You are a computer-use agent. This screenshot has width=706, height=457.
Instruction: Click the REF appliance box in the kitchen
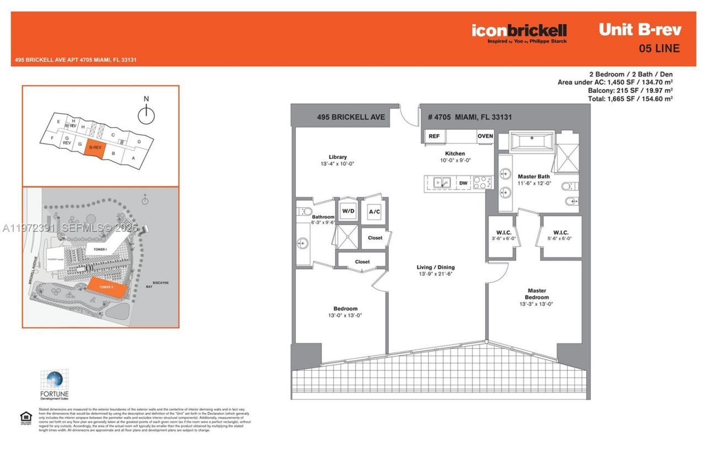pyautogui.click(x=434, y=136)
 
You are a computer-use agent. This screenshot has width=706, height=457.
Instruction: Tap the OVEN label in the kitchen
pyautogui.click(x=485, y=136)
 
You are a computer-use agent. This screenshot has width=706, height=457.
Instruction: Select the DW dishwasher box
pyautogui.click(x=463, y=183)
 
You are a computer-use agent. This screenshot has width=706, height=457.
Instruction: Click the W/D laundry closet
pyautogui.click(x=348, y=211)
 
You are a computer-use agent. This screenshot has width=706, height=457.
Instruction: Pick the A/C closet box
pyautogui.click(x=375, y=211)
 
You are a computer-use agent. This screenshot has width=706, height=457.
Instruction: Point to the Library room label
pyautogui.click(x=338, y=157)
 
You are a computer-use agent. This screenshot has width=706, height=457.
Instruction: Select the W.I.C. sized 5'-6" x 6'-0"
pyautogui.click(x=560, y=236)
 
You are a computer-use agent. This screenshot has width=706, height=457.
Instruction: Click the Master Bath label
pyautogui.click(x=534, y=177)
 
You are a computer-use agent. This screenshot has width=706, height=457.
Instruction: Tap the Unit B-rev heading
pyautogui.click(x=640, y=30)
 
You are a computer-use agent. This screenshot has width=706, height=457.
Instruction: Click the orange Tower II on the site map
pyautogui.click(x=108, y=288)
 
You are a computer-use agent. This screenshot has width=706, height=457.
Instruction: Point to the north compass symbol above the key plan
pyautogui.click(x=146, y=114)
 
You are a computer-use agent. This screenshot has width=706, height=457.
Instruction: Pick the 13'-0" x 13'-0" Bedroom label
pyautogui.click(x=345, y=312)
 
